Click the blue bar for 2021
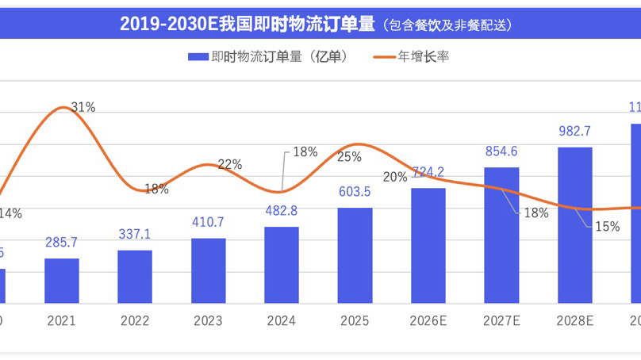click(x=62, y=281)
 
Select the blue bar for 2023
click(x=209, y=270)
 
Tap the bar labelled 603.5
click(x=355, y=255)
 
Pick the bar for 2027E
click(x=501, y=235)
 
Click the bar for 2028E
click(x=574, y=224)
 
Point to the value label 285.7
click(x=62, y=244)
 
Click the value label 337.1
click(x=135, y=236)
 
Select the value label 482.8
click(x=282, y=213)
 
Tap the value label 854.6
click(x=501, y=152)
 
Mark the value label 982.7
click(x=574, y=132)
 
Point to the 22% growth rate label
click(x=229, y=165)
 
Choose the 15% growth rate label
click(x=607, y=226)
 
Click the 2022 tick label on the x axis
click(x=135, y=321)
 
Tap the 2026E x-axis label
click(x=428, y=321)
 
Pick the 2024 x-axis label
click(x=282, y=321)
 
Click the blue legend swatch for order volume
click(x=197, y=56)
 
